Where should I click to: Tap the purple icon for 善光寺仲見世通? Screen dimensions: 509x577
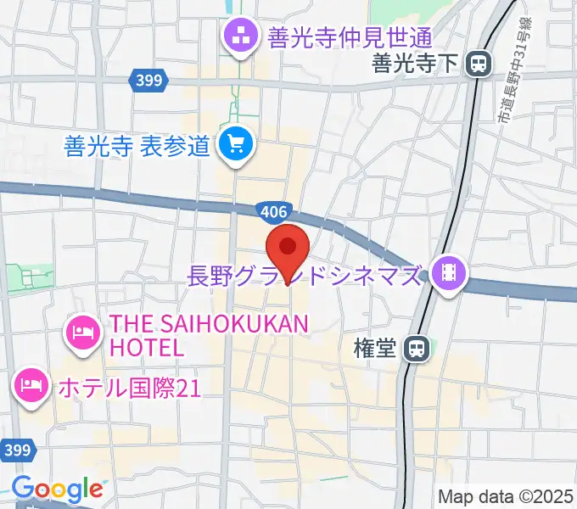238,36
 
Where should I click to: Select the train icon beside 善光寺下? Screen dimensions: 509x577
480,62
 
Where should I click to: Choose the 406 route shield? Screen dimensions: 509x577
274,209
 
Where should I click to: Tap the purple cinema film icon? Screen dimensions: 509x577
445,273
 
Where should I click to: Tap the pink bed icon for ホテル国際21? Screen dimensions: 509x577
31,386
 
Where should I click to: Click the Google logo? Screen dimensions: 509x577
56,489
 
